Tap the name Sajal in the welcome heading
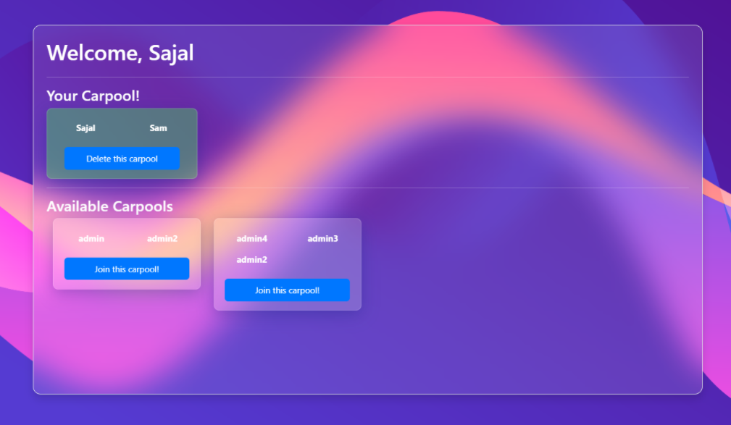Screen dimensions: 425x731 pyautogui.click(x=171, y=53)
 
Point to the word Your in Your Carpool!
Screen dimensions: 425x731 pyautogui.click(x=62, y=96)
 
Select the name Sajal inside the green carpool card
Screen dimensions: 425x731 pyautogui.click(x=85, y=128)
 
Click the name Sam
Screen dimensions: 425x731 pyautogui.click(x=158, y=128)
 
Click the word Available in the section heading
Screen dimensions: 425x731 pyautogui.click(x=78, y=206)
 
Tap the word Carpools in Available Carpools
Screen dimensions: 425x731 pyautogui.click(x=143, y=206)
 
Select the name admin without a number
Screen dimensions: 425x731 pyautogui.click(x=91, y=239)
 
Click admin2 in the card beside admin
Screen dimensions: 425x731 pyautogui.click(x=162, y=239)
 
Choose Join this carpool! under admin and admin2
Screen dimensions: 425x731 pyautogui.click(x=127, y=269)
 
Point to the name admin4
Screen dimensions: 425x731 pyautogui.click(x=252, y=239)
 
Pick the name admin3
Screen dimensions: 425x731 pyautogui.click(x=322, y=239)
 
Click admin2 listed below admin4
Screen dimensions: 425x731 pyautogui.click(x=252, y=260)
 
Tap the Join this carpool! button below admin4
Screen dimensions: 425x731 pyautogui.click(x=287, y=290)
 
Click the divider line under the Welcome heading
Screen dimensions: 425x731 pyautogui.click(x=367, y=77)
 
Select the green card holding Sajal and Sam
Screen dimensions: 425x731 pyautogui.click(x=122, y=116)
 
